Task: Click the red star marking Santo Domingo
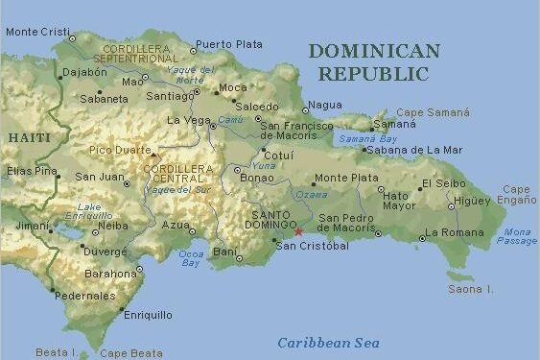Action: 298,231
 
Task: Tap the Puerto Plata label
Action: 228,44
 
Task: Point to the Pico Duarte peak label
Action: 119,150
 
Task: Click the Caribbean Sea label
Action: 328,343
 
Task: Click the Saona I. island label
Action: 471,289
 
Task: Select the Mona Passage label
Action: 517,236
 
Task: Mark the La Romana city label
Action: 455,232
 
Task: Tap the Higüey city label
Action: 472,201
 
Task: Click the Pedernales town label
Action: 85,296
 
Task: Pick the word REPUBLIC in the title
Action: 373,74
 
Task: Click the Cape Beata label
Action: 131,353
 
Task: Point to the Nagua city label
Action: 326,106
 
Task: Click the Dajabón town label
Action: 83,72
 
